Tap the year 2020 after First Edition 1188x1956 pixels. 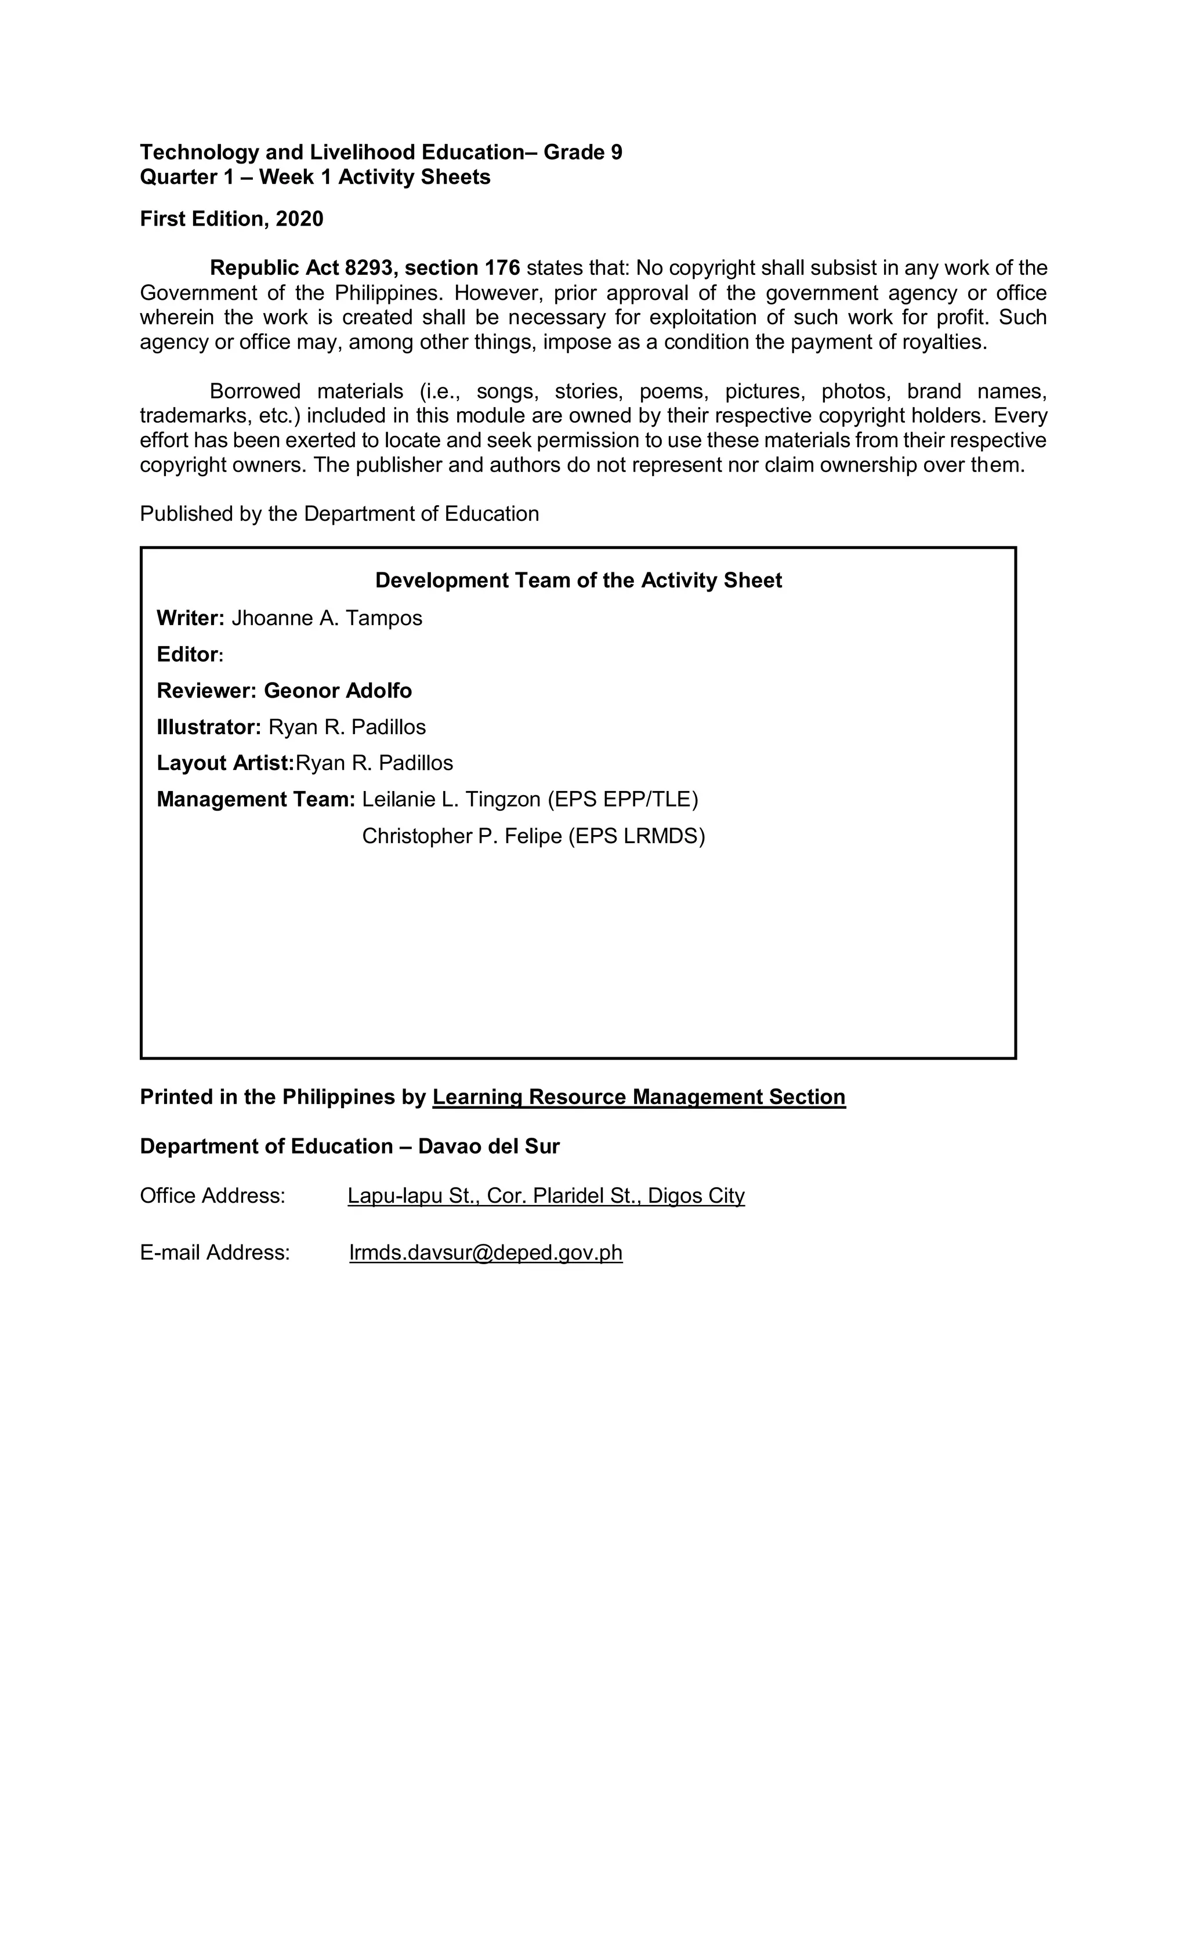(x=299, y=219)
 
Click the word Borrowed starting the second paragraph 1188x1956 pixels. (x=255, y=391)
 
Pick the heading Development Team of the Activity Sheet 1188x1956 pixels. (x=578, y=580)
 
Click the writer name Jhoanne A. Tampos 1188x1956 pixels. (x=327, y=618)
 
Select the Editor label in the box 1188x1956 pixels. (x=187, y=654)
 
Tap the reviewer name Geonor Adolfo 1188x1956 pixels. (x=338, y=691)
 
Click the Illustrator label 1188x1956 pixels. (x=208, y=727)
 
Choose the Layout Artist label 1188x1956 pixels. (x=224, y=763)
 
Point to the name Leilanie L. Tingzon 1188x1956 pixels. (x=451, y=799)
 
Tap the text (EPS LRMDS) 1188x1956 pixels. (x=637, y=836)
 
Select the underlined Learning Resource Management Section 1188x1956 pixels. (x=639, y=1097)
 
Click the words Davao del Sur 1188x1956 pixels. (x=488, y=1146)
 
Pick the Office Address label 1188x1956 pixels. (x=212, y=1196)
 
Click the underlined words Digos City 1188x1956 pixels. (x=696, y=1196)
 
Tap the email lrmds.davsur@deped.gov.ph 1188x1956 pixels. (x=485, y=1252)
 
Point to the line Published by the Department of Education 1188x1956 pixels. (x=339, y=514)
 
